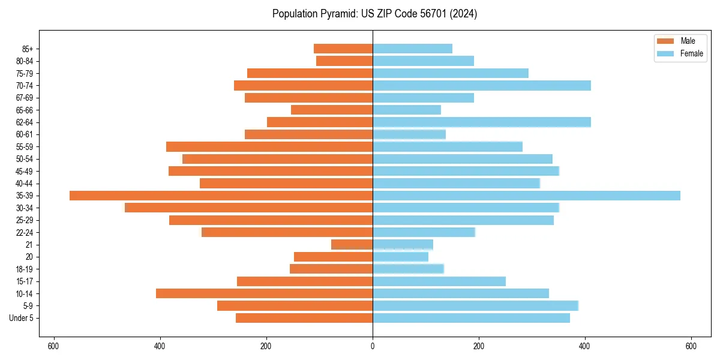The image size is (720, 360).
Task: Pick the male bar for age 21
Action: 352,245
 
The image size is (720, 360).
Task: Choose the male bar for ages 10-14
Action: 264,293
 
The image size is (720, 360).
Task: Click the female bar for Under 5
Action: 471,318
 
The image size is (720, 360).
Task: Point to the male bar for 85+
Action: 343,49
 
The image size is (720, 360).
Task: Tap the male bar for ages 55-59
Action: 269,147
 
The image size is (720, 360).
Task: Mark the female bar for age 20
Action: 400,257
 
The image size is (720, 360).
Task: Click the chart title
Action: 374,14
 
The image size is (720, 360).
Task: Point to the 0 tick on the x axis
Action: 373,346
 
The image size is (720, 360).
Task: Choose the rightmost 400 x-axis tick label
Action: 584,346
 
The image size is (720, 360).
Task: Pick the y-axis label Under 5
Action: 22,318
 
